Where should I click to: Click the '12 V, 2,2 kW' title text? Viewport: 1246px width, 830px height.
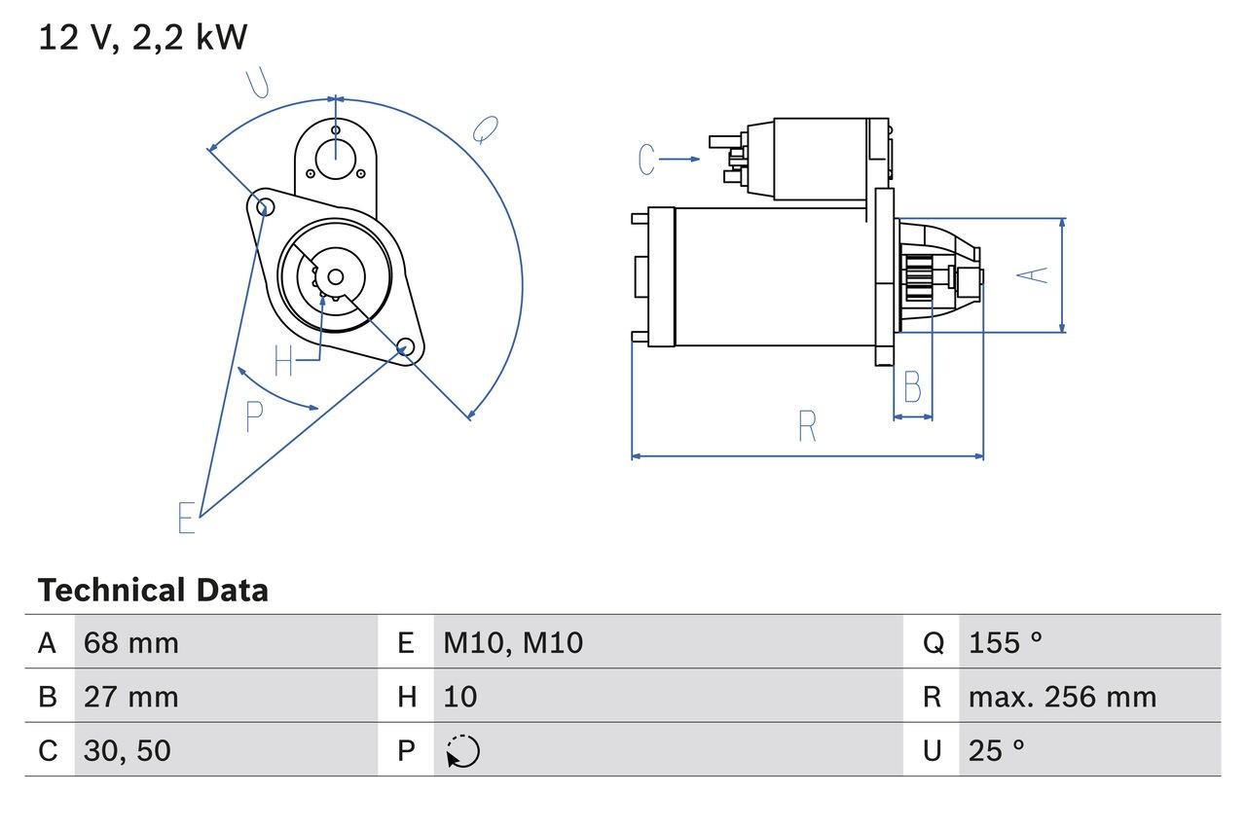143,38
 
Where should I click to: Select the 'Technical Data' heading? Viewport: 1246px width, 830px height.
153,591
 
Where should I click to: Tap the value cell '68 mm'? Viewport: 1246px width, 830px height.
131,642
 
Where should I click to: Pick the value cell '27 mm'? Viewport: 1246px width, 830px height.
131,697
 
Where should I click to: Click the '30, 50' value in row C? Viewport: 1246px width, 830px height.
128,750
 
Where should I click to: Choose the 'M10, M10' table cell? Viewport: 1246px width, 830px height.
513,642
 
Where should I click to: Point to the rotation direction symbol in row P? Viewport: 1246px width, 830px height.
462,751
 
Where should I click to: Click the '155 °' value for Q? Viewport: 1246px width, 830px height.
1006,642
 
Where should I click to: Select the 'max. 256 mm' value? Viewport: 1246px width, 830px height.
1062,697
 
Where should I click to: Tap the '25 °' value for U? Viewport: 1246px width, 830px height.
997,750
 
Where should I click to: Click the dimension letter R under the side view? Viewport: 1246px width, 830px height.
807,426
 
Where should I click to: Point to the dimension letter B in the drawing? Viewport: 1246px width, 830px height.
912,387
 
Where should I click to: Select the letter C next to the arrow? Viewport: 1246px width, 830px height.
647,159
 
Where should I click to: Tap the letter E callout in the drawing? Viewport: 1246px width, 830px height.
187,519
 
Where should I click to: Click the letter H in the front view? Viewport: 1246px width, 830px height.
283,361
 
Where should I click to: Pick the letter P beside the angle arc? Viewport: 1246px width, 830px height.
254,416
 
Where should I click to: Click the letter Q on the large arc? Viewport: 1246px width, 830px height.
485,129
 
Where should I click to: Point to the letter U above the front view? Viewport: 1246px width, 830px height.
258,85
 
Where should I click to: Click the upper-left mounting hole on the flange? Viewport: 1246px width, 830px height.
260,203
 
